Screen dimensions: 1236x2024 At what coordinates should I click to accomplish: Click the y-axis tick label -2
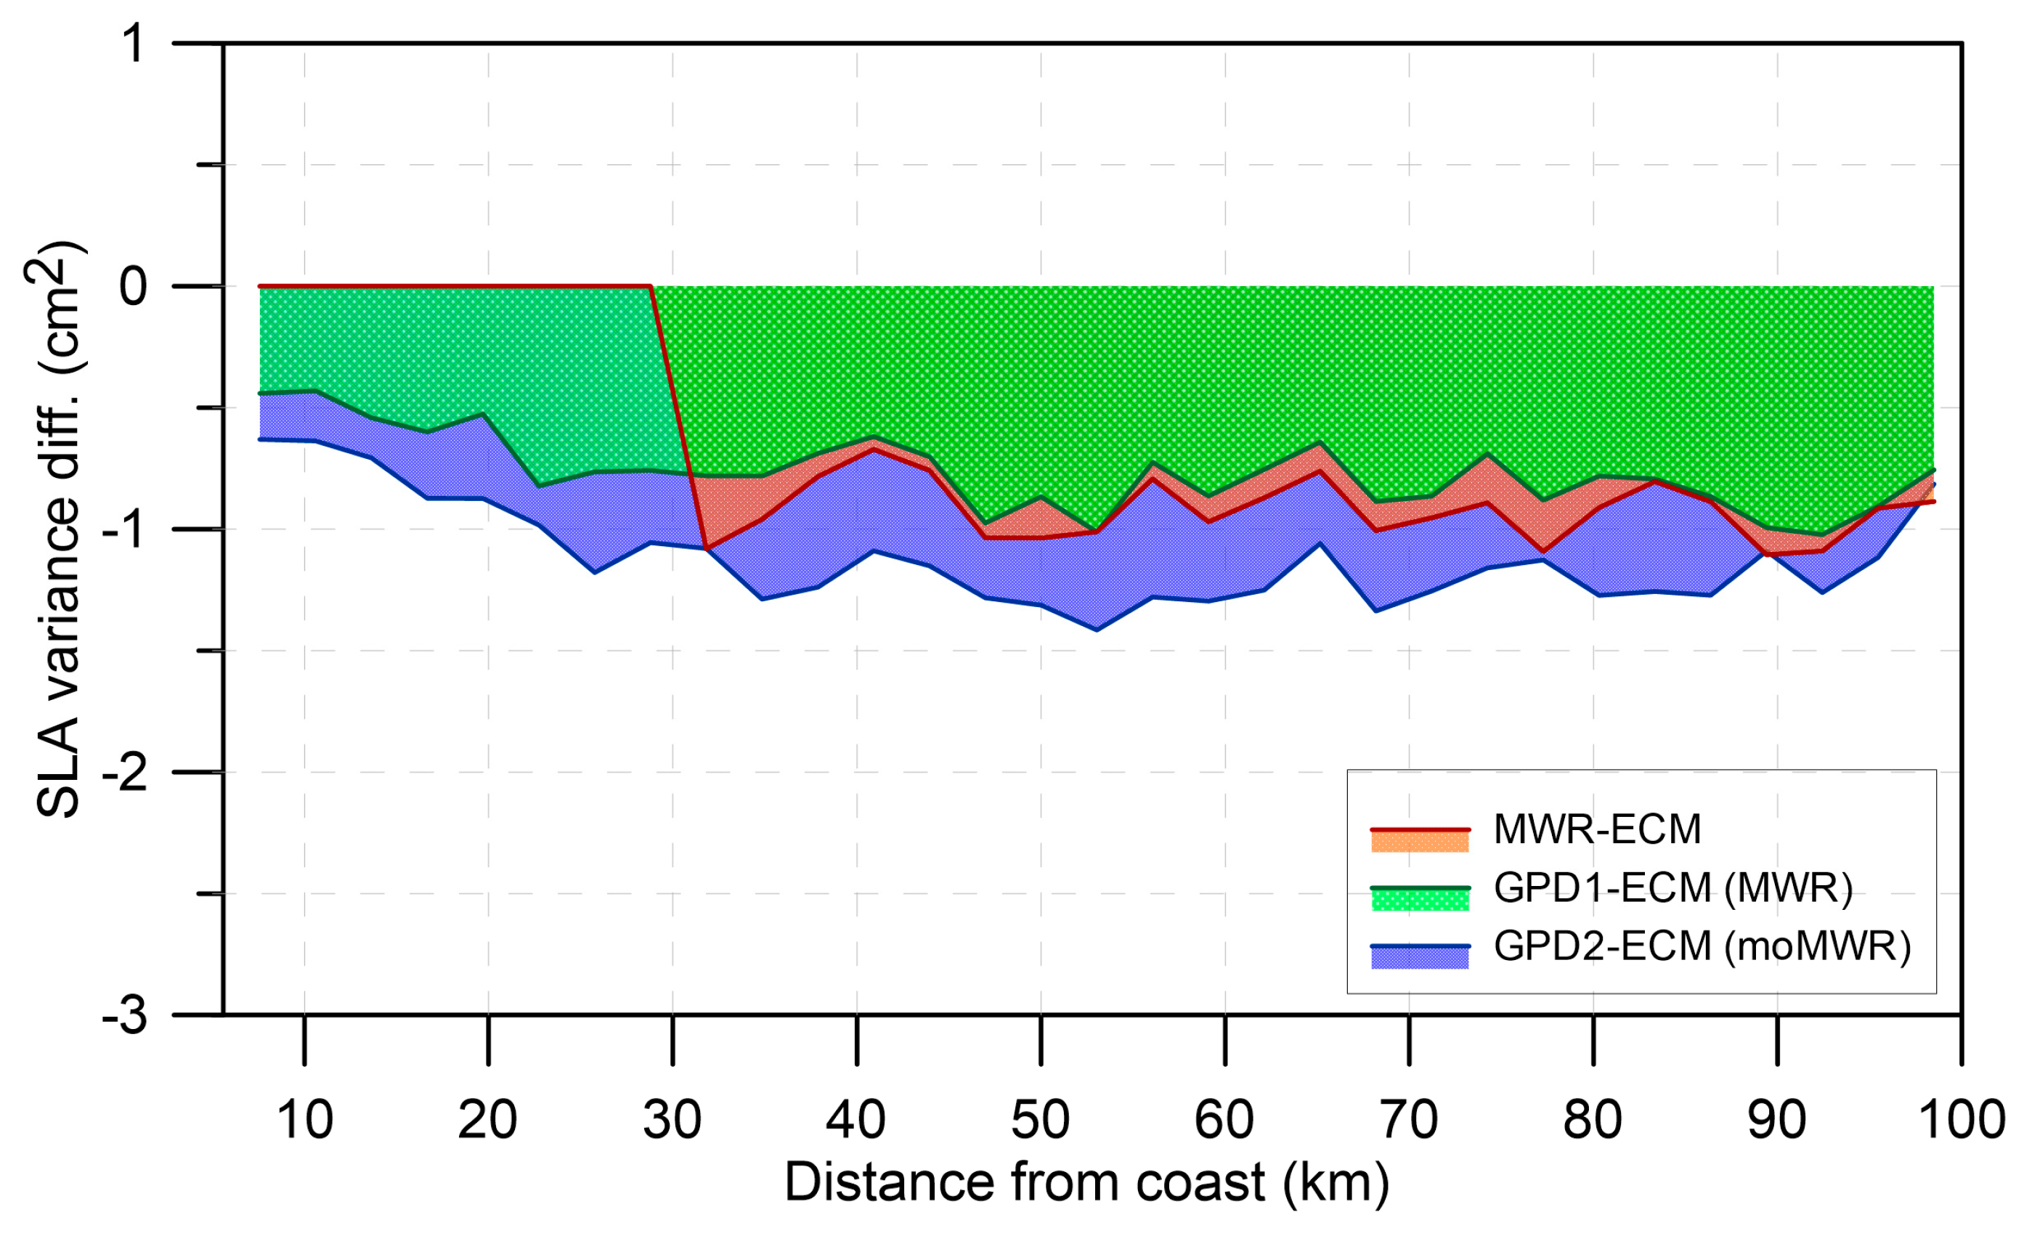pos(125,773)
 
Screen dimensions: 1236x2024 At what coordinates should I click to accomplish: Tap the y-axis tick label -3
pos(125,1016)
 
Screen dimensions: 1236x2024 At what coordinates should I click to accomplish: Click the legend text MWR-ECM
pos(1597,829)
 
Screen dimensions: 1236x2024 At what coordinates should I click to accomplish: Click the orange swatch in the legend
pos(1420,841)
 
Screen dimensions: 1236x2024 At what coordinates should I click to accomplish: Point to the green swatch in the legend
pos(1420,899)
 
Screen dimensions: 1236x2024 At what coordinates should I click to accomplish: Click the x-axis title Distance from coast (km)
pos(1086,1182)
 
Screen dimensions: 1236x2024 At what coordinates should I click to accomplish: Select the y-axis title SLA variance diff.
pos(57,529)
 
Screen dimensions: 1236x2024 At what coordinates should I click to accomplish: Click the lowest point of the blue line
pos(1096,630)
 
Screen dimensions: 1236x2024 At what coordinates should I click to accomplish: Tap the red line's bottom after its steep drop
pos(706,548)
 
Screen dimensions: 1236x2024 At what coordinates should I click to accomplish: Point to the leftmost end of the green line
pos(259,394)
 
